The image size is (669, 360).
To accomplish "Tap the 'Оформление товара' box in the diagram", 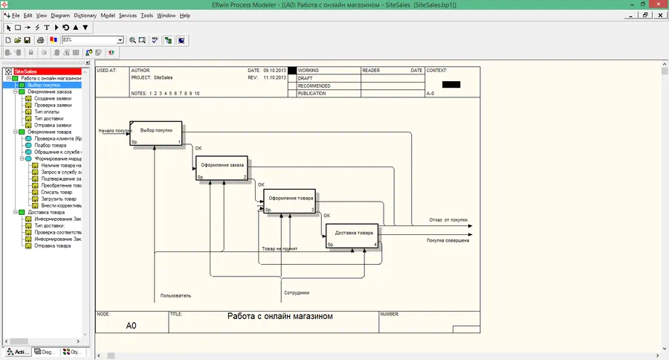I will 290,200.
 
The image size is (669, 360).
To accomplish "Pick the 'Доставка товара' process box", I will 354,234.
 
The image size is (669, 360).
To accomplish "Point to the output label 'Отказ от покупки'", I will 448,220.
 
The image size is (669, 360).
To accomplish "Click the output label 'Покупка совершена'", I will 447,240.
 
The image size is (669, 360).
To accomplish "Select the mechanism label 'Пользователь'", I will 175,295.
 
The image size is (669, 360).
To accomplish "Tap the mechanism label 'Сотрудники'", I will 296,292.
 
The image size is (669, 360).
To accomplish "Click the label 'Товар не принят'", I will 279,248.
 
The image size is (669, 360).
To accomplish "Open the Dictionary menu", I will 85,15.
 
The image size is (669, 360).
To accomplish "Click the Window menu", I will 166,15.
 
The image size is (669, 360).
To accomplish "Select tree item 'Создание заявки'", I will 53,98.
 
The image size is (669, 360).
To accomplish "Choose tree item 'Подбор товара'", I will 51,145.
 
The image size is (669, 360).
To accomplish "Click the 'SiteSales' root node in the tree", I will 25,71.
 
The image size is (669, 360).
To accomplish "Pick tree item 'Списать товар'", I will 48,192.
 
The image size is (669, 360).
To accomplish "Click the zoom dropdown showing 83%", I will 92,39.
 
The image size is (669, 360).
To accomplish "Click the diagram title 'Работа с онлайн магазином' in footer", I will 280,316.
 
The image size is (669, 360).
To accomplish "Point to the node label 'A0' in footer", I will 131,326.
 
